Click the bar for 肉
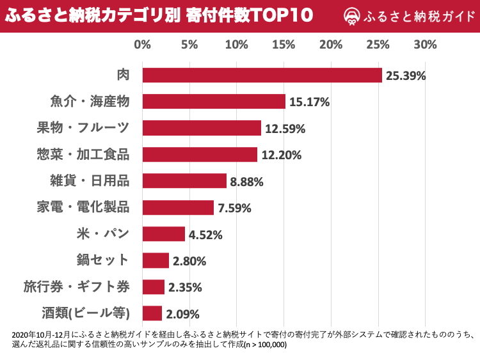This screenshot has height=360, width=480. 262,75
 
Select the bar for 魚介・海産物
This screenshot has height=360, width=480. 214,102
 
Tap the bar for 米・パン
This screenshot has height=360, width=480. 163,234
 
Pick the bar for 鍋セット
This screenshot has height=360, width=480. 156,260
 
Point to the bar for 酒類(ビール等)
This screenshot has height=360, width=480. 152,313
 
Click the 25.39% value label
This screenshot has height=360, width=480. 405,76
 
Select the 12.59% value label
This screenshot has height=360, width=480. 285,129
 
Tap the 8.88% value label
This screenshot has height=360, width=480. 247,182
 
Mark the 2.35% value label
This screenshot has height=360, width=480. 186,287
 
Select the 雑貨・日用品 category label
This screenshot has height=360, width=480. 90,181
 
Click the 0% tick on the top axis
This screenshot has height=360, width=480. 142,45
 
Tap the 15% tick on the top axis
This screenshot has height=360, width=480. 284,45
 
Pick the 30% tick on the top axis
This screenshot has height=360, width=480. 425,45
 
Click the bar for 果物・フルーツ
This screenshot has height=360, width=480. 202,129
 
